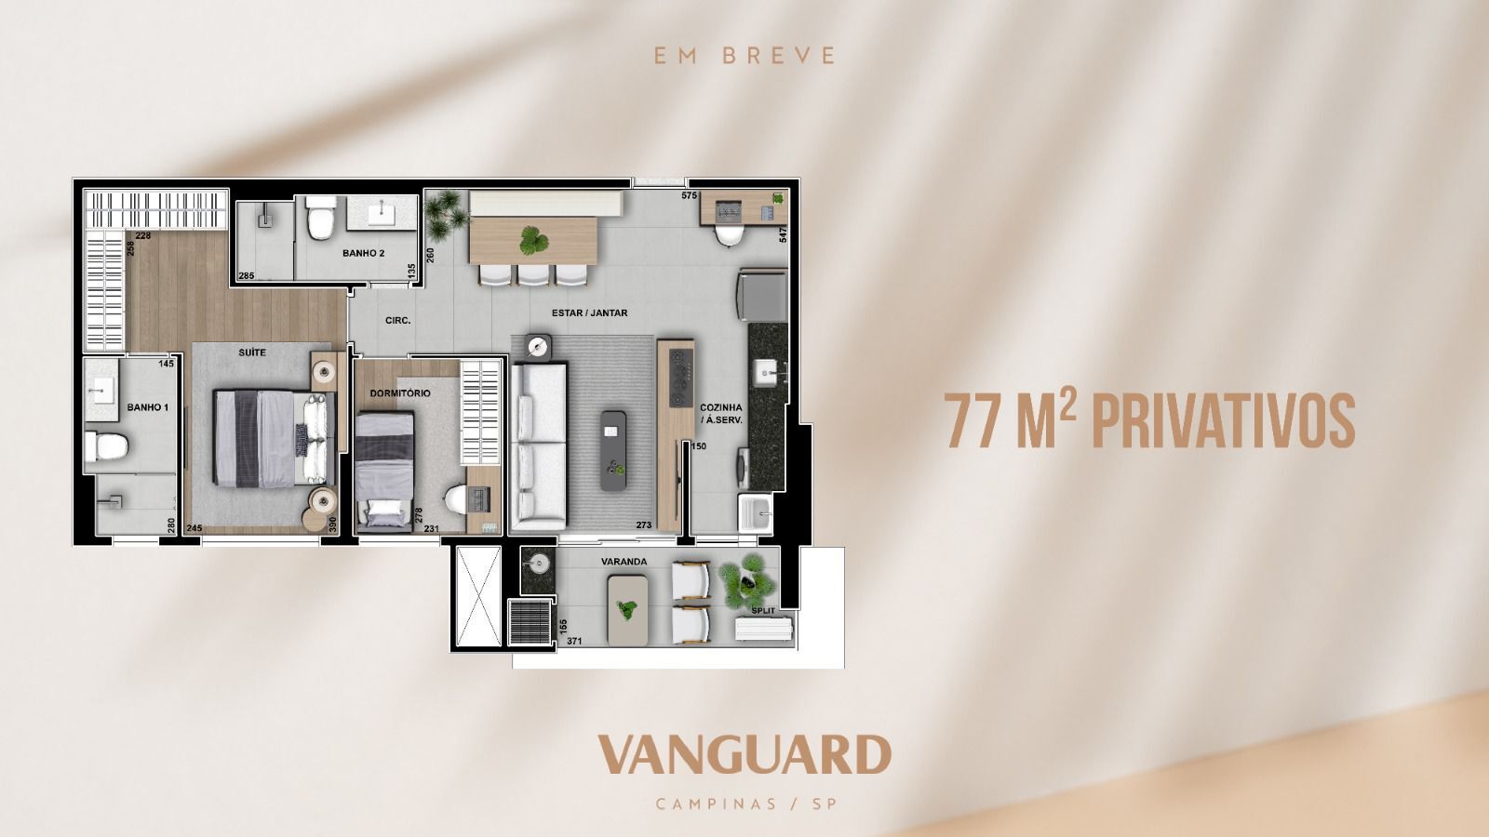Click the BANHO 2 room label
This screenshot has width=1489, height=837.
tap(363, 253)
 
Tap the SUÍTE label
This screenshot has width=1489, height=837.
tap(252, 352)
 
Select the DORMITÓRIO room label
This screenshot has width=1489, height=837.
tap(400, 393)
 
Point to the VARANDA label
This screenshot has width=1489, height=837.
tap(624, 562)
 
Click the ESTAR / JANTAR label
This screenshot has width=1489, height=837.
tap(590, 312)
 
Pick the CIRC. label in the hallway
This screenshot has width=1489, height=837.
tap(398, 320)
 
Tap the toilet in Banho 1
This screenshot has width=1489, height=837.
tap(106, 446)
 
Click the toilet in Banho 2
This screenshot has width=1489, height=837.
tap(321, 218)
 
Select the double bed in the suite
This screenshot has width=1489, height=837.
tap(274, 438)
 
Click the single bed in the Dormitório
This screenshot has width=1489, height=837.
tap(384, 471)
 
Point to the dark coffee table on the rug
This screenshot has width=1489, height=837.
tap(613, 451)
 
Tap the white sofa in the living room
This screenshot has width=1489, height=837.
tap(539, 446)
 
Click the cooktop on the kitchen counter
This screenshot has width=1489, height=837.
tap(681, 377)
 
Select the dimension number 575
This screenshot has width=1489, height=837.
tap(690, 195)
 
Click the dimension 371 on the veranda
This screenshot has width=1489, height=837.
tap(574, 641)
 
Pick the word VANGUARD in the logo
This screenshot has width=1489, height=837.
tap(744, 754)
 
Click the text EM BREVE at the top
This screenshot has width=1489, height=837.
tap(744, 55)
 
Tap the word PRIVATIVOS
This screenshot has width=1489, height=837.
tap(1224, 421)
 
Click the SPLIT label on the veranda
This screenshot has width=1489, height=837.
tap(763, 610)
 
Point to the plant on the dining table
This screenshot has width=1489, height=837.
tap(534, 241)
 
